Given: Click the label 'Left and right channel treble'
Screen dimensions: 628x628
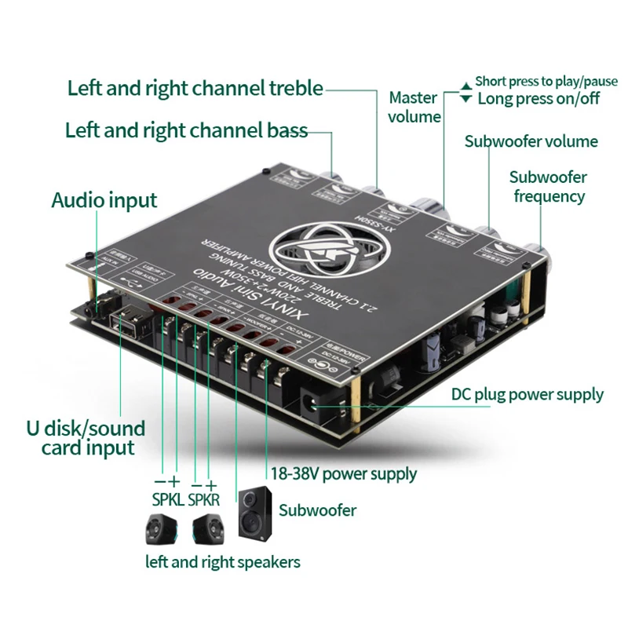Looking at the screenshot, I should [195, 87].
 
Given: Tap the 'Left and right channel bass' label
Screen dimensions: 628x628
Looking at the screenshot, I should [186, 130].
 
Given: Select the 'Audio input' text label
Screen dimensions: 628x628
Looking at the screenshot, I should [104, 200].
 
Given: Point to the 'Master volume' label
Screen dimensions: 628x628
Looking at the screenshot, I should [414, 108].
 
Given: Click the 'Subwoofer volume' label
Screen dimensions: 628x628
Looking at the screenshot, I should [531, 141].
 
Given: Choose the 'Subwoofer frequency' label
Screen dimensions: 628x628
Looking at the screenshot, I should [548, 187].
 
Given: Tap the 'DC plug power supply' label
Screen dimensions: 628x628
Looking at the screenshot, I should [526, 394].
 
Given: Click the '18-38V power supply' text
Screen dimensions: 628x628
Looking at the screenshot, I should [343, 473].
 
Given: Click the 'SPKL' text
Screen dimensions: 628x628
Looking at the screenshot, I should [166, 500].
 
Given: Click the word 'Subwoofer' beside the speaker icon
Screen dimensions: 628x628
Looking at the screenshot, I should [318, 510].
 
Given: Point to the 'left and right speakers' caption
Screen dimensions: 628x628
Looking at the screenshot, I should [223, 562].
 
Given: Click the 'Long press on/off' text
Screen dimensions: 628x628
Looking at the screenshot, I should [539, 98].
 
